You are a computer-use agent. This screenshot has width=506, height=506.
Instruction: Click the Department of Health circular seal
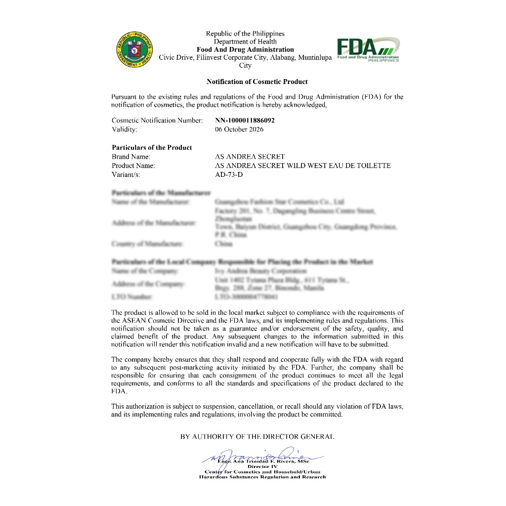pyautogui.click(x=134, y=49)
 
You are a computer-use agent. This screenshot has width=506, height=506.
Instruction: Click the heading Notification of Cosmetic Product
pyautogui.click(x=257, y=82)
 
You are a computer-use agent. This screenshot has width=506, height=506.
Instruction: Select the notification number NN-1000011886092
pyautogui.click(x=245, y=120)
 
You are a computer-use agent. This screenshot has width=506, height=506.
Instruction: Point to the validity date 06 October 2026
pyautogui.click(x=239, y=129)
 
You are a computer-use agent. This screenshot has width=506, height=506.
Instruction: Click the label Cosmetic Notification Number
pyautogui.click(x=157, y=120)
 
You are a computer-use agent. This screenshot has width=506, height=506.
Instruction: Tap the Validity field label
pyautogui.click(x=125, y=129)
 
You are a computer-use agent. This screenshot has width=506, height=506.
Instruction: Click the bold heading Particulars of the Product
pyautogui.click(x=152, y=147)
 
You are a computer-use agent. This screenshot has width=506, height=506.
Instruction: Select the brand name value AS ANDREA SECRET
pyautogui.click(x=250, y=157)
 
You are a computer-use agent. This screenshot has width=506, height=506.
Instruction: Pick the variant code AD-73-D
pyautogui.click(x=229, y=174)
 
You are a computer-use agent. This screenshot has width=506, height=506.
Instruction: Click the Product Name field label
pyautogui.click(x=133, y=166)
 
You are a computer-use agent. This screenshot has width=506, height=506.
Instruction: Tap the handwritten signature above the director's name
pyautogui.click(x=262, y=455)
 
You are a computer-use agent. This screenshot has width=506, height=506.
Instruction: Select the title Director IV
pyautogui.click(x=263, y=466)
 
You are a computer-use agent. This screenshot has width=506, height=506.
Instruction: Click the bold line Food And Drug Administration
pyautogui.click(x=245, y=49)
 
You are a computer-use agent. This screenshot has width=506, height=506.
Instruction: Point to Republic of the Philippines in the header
pyautogui.click(x=245, y=34)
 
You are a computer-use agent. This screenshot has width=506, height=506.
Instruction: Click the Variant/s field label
pyautogui.click(x=128, y=174)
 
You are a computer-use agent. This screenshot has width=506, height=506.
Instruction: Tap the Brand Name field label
pyautogui.click(x=131, y=157)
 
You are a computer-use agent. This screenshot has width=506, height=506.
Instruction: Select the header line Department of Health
pyautogui.click(x=245, y=42)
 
